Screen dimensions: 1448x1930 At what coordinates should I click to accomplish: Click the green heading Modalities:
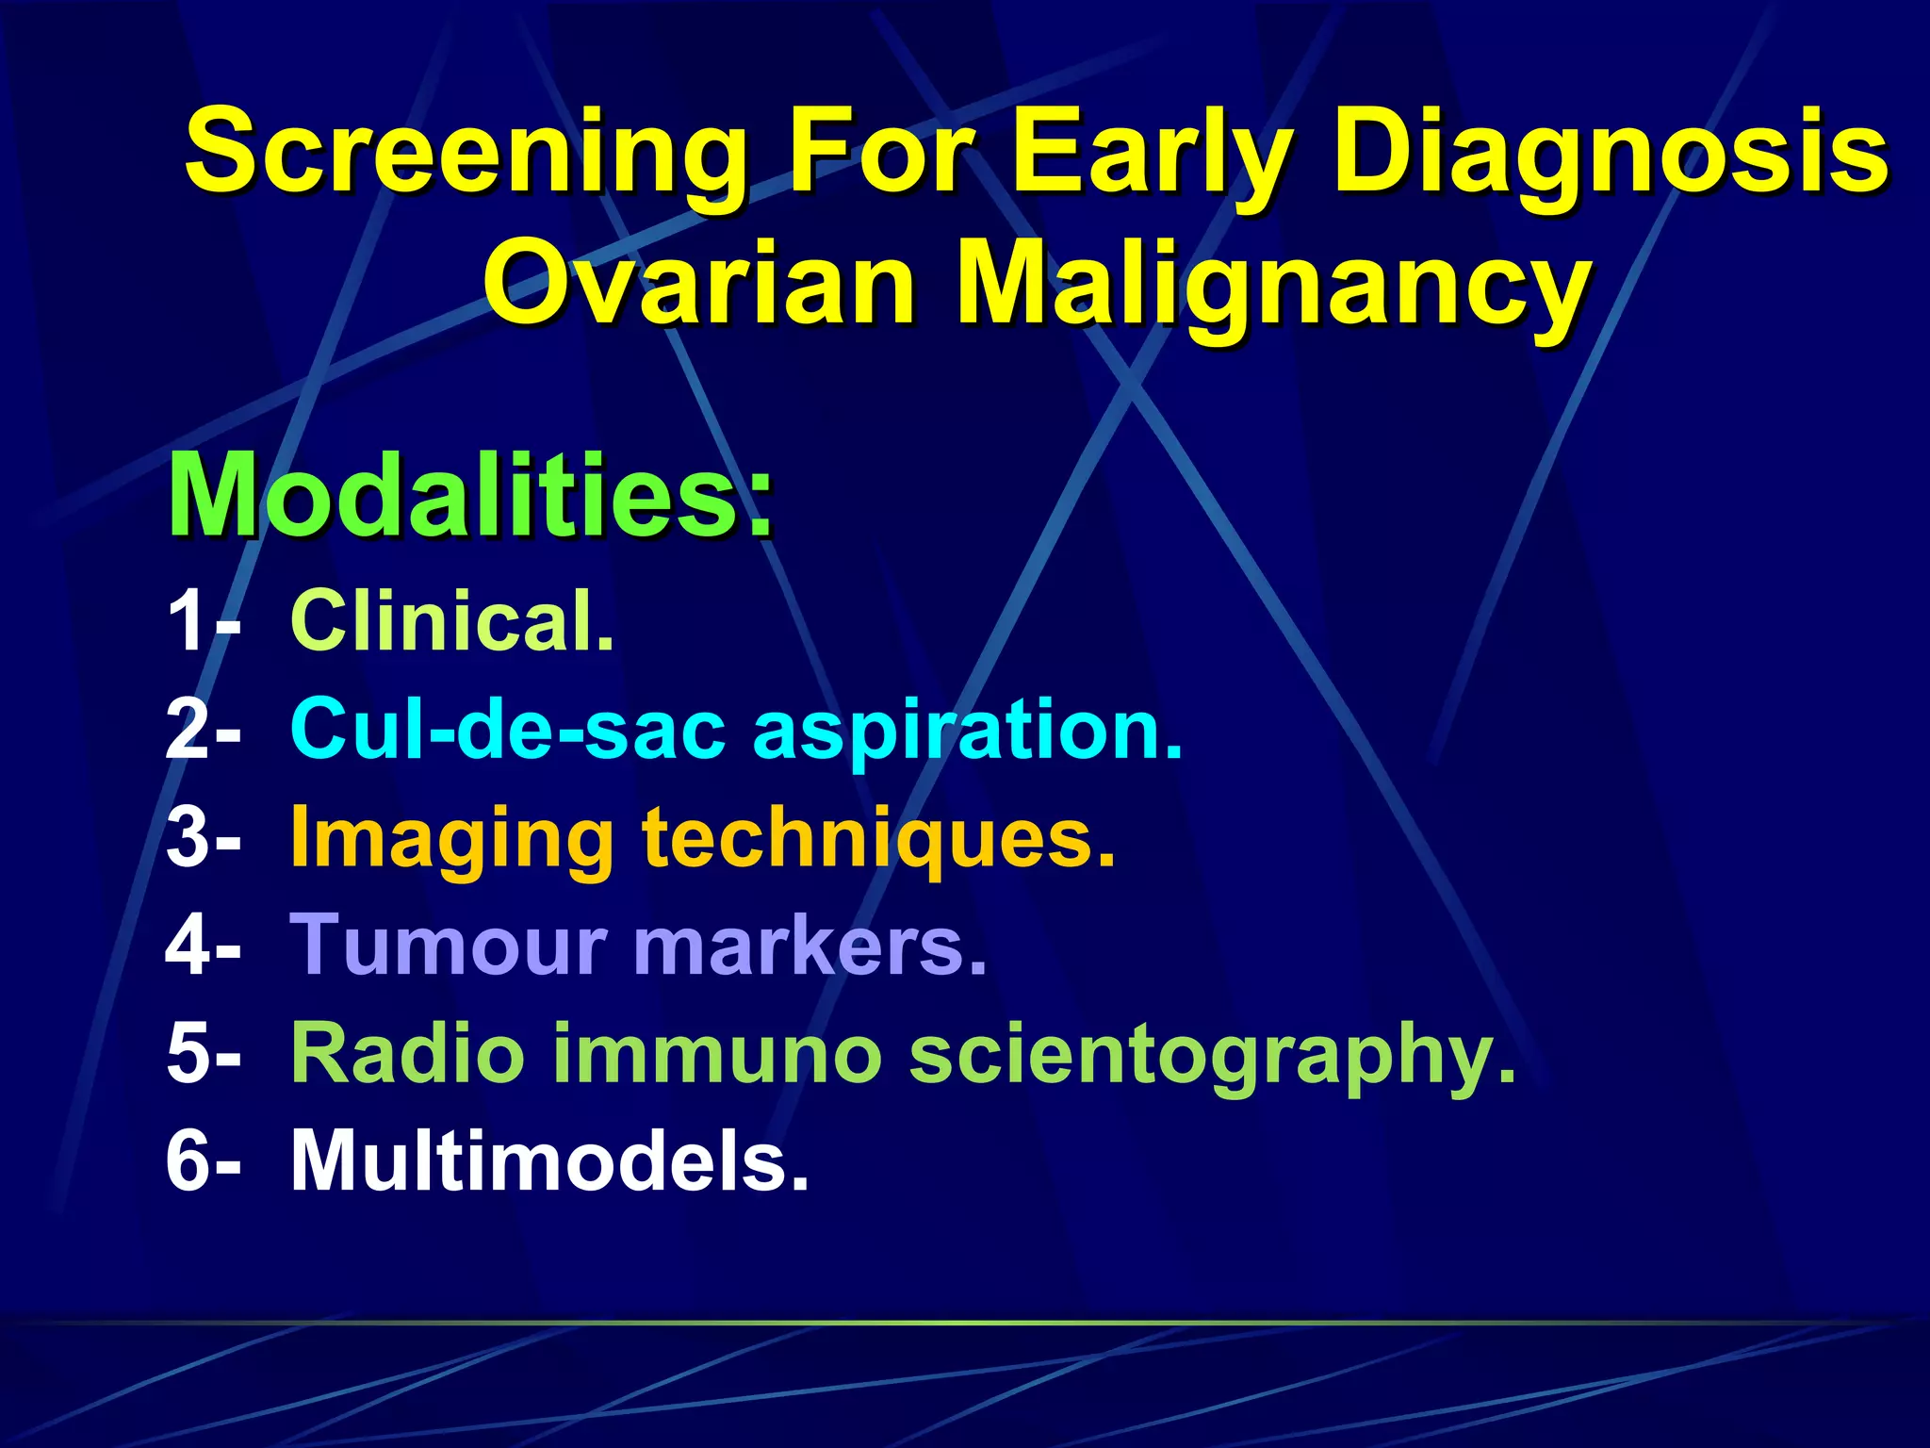coord(470,496)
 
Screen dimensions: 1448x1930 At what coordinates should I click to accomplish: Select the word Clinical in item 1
coord(452,620)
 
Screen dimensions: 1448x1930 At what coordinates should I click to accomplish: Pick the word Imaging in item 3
coord(452,839)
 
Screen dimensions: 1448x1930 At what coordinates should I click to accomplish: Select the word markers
coord(810,945)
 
